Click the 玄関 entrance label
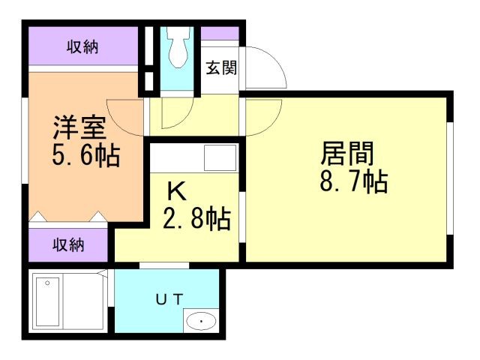[221, 68]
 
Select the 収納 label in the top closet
[83, 48]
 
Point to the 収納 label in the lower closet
[68, 244]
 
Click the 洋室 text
[78, 126]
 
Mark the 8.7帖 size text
[353, 181]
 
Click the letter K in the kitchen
[177, 189]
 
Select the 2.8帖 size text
[197, 219]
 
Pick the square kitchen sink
[220, 158]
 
